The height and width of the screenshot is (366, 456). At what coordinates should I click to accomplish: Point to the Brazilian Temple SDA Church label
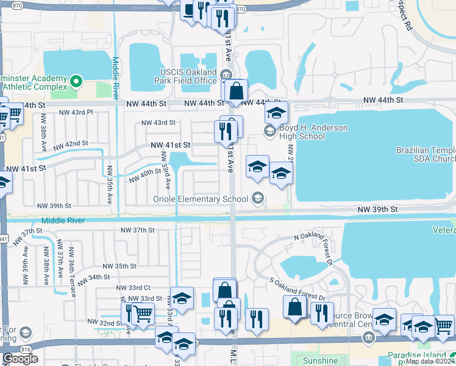coord(426,154)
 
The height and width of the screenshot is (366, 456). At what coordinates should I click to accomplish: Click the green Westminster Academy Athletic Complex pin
coord(76,80)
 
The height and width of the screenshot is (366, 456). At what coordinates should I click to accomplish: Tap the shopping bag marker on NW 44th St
coord(235,93)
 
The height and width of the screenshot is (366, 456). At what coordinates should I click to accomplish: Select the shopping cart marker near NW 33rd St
coord(142,314)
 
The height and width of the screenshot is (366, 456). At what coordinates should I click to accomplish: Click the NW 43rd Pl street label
coord(76,112)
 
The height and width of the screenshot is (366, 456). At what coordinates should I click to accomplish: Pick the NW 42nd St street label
coord(71,145)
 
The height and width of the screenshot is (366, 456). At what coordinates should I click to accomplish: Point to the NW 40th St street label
coord(144,176)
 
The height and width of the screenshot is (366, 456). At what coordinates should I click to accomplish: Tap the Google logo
coord(20,359)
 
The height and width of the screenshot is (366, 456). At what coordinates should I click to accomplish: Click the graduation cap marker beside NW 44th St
coord(276,113)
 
